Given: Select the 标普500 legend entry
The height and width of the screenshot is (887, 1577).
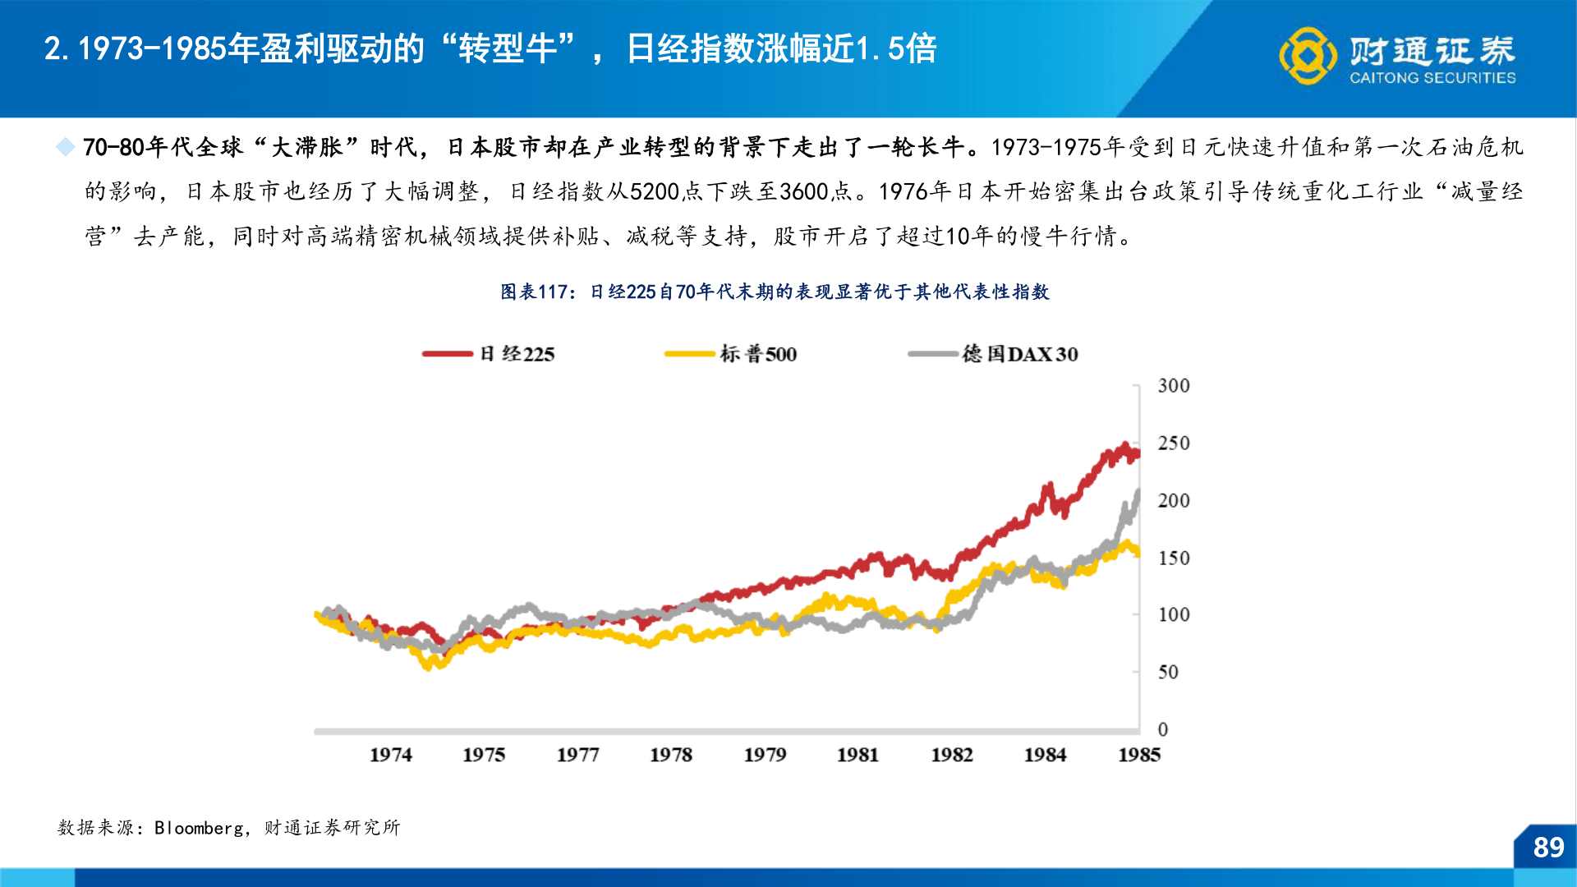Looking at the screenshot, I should coord(757,354).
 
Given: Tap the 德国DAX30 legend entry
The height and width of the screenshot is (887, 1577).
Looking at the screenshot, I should coord(1019,354).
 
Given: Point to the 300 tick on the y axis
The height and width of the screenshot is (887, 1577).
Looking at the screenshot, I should coord(1173,386).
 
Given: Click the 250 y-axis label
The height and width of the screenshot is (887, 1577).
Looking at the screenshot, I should coord(1173,443).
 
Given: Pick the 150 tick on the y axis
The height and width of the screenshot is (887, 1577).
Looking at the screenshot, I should coord(1173,558).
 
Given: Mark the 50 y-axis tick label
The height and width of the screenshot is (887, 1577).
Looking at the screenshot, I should coord(1167,673).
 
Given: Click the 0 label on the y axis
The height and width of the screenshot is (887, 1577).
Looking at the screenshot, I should coord(1162,729).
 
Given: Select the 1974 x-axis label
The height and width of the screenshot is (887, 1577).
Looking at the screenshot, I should coord(390,755).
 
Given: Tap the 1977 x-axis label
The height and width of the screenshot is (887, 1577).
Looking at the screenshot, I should coord(577,755).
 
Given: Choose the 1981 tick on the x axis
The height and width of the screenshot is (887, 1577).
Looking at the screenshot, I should coord(857,755).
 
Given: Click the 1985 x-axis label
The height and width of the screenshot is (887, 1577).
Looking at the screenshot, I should coord(1138,755).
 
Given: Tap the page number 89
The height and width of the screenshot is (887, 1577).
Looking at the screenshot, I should coord(1548,848).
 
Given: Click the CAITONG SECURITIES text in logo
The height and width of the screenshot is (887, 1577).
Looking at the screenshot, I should coord(1432,78).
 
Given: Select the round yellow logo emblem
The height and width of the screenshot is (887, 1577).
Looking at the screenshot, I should coord(1308,56).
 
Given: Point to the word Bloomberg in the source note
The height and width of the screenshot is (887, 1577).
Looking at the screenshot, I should coord(199,828).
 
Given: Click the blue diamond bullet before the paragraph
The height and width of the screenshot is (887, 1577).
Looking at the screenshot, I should coord(65,147).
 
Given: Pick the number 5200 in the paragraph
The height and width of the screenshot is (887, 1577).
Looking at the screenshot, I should coord(654,192).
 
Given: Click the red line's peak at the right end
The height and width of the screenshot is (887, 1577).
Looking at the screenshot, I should coord(1124,446).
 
